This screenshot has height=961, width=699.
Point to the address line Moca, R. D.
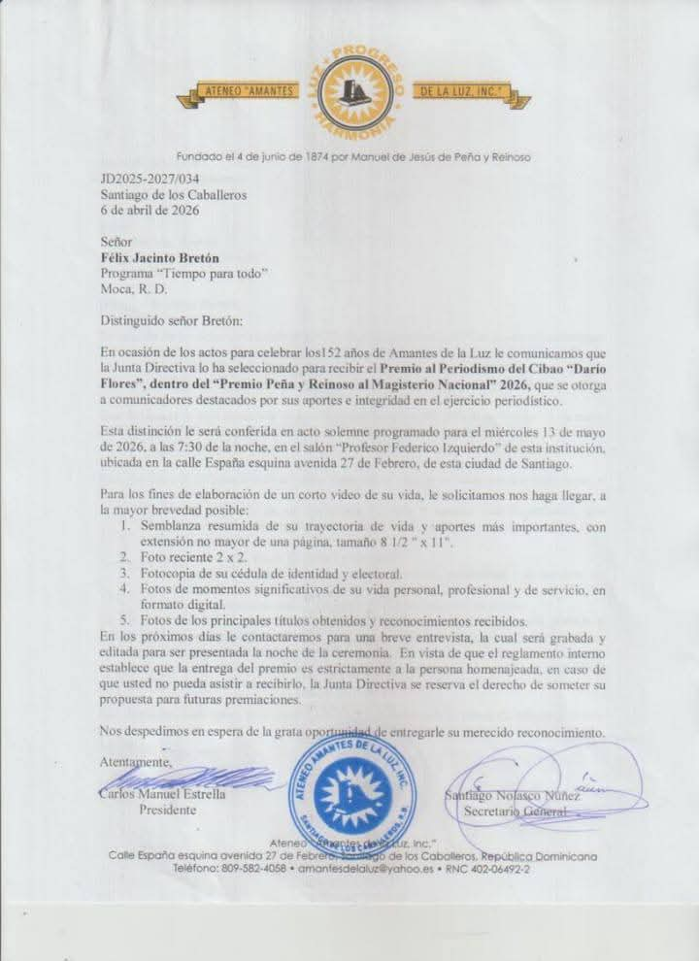134,288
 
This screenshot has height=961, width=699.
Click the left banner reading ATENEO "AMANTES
246,91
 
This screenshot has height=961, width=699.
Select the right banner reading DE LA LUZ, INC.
463,92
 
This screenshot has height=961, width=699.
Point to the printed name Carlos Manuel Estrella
163,793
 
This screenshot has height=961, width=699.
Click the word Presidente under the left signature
168,809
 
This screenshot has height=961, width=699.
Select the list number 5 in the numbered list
123,620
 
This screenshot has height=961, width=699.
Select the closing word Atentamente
136,762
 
